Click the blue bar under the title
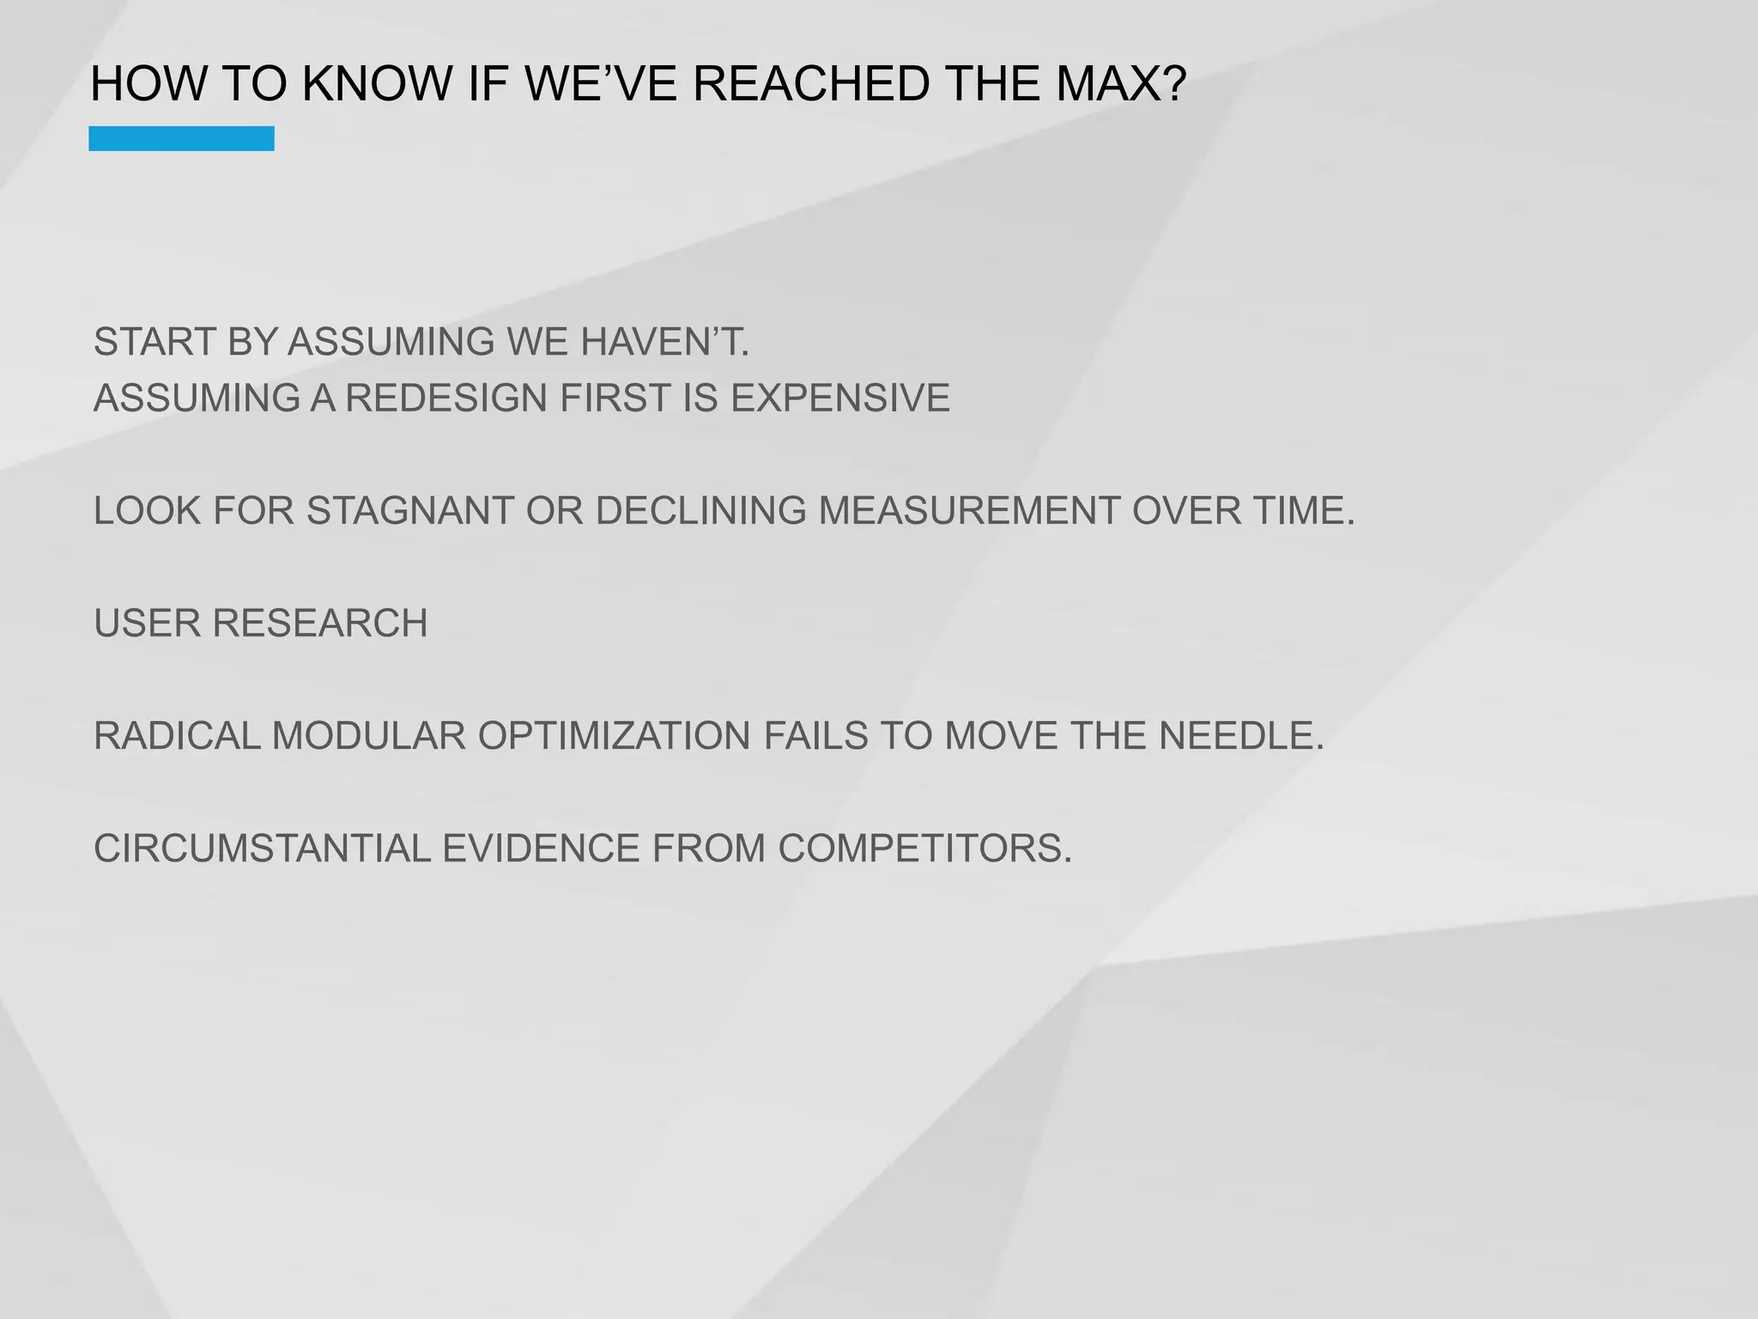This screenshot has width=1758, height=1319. (x=181, y=138)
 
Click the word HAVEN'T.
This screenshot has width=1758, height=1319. (x=665, y=342)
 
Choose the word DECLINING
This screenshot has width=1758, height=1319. (x=701, y=511)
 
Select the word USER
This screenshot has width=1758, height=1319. (x=147, y=623)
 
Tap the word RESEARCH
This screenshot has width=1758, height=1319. (x=320, y=623)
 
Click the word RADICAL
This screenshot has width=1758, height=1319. (x=177, y=736)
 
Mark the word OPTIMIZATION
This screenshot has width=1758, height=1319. (x=614, y=736)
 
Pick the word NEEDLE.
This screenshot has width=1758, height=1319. (x=1241, y=736)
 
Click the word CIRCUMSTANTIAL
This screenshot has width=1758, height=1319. (x=262, y=848)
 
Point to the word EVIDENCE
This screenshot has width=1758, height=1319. (x=541, y=848)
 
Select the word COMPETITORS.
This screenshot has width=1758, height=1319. (x=925, y=848)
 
